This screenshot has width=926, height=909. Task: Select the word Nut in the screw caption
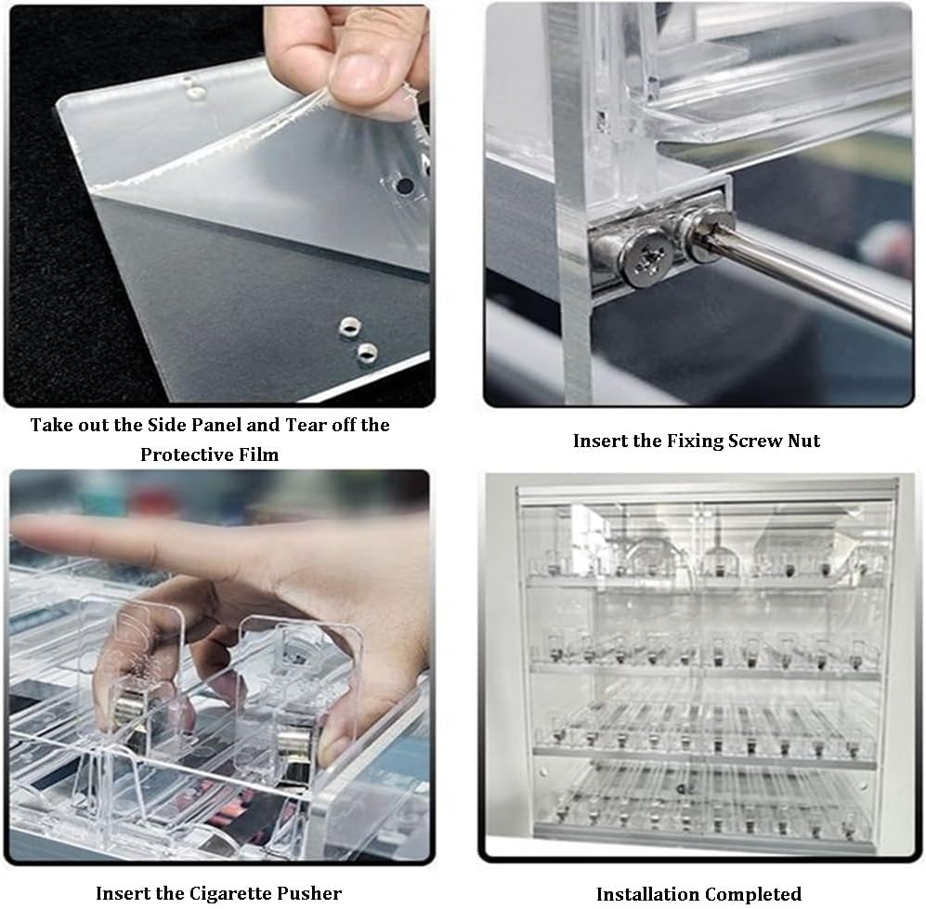click(803, 441)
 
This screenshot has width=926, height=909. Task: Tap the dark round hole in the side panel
click(405, 186)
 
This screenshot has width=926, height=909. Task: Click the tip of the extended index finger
click(17, 526)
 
